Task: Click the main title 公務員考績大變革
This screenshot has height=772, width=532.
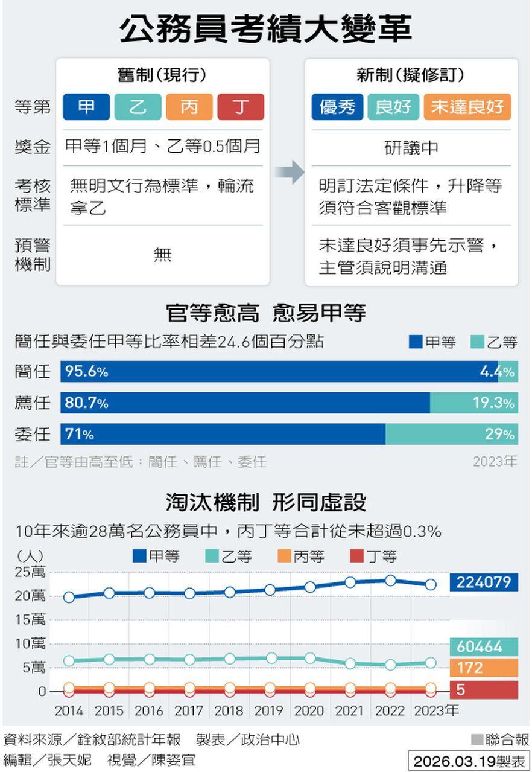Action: (x=265, y=29)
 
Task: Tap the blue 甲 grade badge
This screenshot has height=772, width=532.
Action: (x=86, y=107)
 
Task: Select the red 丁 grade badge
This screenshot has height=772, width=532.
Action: (x=241, y=107)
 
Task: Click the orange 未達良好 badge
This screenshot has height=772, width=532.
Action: (x=467, y=107)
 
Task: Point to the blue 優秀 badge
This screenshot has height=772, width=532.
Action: (x=338, y=107)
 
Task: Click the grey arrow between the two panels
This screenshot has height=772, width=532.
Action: (x=288, y=172)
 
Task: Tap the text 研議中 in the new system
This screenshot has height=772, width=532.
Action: (x=411, y=148)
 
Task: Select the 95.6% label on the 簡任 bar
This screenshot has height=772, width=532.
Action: (x=86, y=372)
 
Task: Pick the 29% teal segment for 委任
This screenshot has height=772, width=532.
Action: (x=451, y=434)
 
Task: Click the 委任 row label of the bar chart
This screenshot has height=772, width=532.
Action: (x=33, y=434)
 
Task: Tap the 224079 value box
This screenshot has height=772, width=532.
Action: (x=484, y=582)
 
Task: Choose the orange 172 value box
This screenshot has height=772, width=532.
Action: (x=484, y=668)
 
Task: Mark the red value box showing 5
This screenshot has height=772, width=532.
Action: (x=484, y=690)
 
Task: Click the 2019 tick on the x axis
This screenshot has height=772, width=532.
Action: (x=269, y=711)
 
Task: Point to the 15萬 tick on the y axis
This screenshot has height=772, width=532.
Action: (x=30, y=620)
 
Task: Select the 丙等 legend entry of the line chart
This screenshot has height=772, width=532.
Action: (x=302, y=557)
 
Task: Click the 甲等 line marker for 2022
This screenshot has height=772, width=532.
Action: (x=390, y=581)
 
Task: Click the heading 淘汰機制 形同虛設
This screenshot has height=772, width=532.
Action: (x=265, y=503)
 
